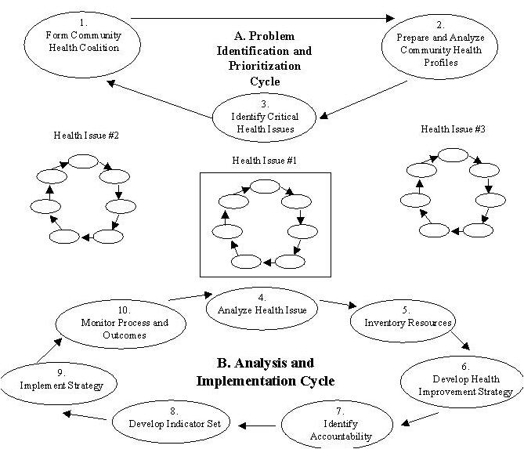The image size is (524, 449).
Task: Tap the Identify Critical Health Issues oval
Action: tap(266, 116)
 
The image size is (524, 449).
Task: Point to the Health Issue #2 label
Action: tap(86, 136)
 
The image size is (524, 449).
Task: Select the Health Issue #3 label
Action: tap(453, 129)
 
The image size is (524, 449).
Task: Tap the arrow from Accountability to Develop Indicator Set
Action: tap(258, 425)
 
